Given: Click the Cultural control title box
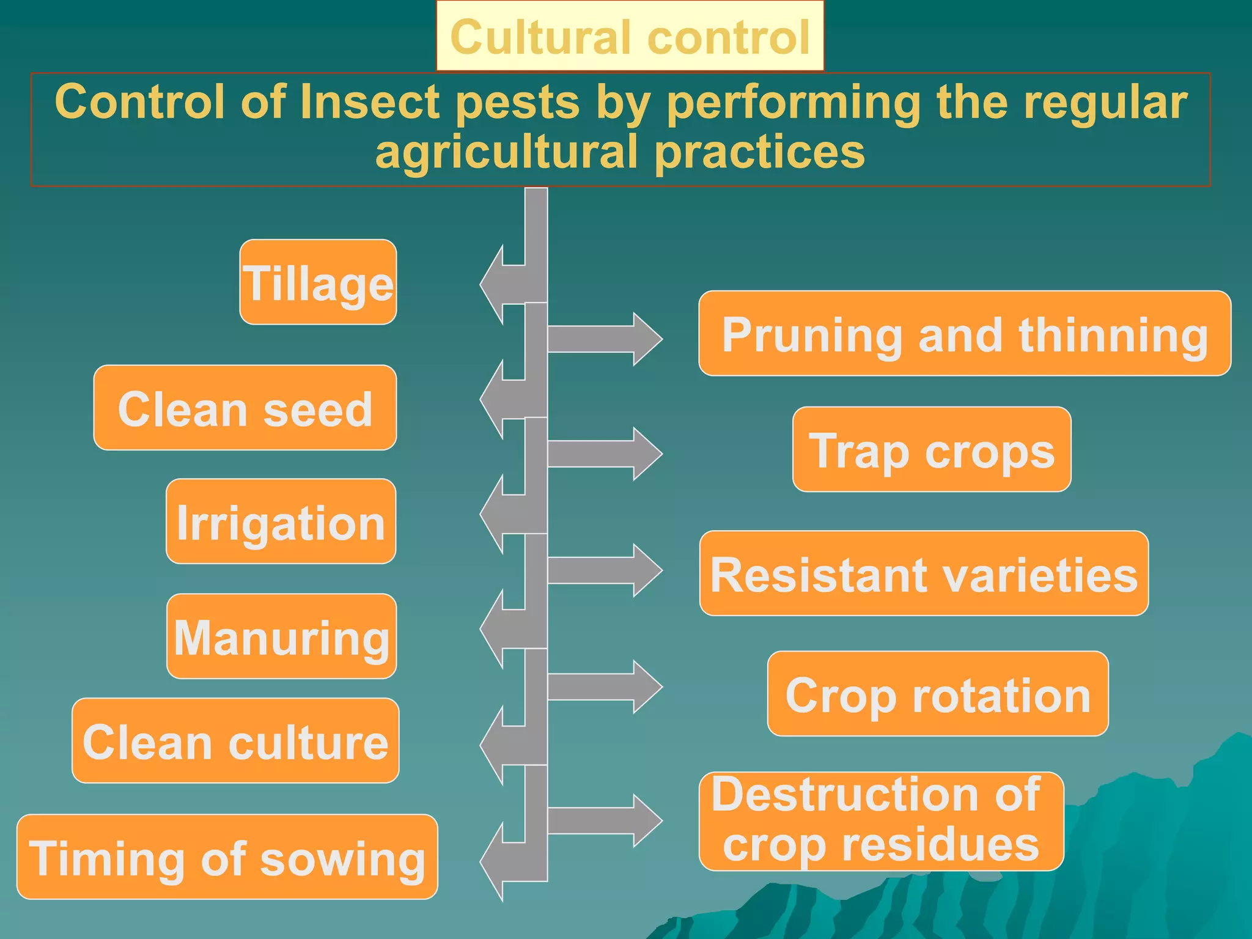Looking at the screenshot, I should pos(630,37).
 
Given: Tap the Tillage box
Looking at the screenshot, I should pos(318,282).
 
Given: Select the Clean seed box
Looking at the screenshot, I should pos(245,408).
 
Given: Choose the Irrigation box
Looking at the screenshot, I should pos(281,521).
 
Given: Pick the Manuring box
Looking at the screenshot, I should pos(281,636).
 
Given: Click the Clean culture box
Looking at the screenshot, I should pos(235,741).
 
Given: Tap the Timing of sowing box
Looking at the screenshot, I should pos(227,857).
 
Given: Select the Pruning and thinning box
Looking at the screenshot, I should pos(964,334).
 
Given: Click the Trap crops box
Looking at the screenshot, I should pos(931,449).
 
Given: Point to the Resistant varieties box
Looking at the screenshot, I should pos(923,573).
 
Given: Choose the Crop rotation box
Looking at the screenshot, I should pos(937,694).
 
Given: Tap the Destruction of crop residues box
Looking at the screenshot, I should pos(881,821).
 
